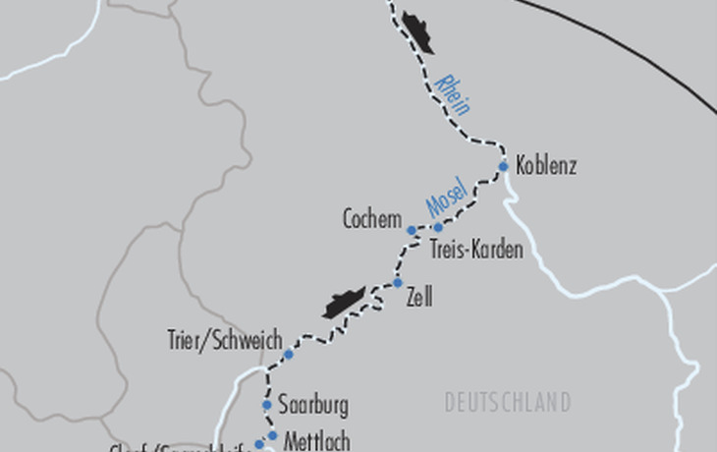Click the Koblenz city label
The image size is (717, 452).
pos(545,166)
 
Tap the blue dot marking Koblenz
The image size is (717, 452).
pos(504,166)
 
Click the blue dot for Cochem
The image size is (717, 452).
pos(413,230)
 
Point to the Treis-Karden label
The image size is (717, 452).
pos(476,251)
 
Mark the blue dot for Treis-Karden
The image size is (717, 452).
pos(438,228)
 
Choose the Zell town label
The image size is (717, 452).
pos(419,298)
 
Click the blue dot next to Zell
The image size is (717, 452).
pos(398,283)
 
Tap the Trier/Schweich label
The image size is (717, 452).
pos(225,339)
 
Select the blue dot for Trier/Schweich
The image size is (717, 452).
pos(289,354)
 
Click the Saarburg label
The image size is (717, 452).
pos(313,404)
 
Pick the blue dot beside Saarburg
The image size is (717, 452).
pos(266,404)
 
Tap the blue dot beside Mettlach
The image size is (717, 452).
pos(272,435)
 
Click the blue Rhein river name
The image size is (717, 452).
pos(451,94)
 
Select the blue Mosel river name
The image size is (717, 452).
pos(444,201)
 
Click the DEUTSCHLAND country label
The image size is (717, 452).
pos(508,403)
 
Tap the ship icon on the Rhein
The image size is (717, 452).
pos(416,35)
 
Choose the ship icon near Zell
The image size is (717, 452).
pos(345,303)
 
